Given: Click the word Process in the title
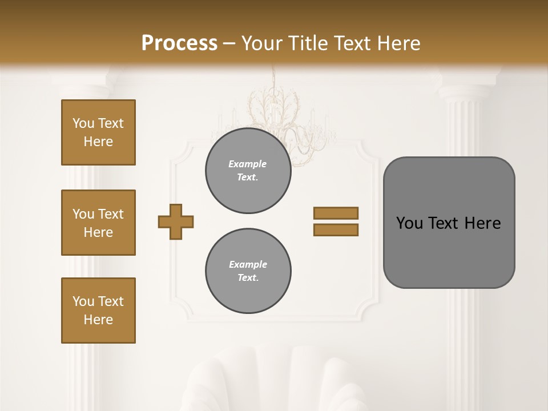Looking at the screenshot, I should click(179, 43).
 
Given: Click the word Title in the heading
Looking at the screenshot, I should click(309, 43).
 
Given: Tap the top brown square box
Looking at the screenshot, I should click(98, 132).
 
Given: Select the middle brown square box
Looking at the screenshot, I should click(98, 223).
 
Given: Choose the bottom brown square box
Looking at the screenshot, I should click(98, 311).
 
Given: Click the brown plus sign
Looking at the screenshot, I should click(176, 221).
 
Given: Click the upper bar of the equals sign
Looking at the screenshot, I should click(336, 213).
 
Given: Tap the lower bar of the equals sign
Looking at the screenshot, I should click(336, 229).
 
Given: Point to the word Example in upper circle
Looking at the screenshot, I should click(248, 164).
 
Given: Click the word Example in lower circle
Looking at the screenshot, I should click(248, 264).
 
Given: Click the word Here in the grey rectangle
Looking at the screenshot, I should click(482, 223).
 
